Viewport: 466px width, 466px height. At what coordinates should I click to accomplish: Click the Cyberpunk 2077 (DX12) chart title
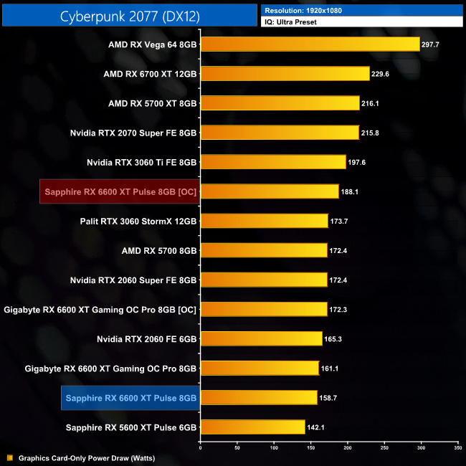(x=129, y=15)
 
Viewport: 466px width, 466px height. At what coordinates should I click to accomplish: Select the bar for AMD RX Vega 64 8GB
(x=310, y=44)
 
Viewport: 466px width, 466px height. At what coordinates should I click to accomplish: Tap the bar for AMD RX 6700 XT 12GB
(x=285, y=74)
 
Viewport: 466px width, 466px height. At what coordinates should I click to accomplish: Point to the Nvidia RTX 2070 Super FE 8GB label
(x=133, y=133)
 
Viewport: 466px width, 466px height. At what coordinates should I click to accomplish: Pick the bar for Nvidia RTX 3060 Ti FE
(x=273, y=162)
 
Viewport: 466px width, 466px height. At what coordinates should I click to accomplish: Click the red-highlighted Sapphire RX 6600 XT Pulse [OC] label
(x=120, y=191)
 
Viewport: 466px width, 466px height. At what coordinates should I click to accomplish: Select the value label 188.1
(x=350, y=191)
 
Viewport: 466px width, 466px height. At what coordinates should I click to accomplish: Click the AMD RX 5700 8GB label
(x=160, y=250)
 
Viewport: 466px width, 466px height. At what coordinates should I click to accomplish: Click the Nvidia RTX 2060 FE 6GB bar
(x=261, y=338)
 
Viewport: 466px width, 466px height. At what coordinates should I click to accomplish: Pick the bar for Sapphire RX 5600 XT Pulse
(x=253, y=427)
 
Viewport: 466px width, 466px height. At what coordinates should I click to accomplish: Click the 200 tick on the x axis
(x=347, y=448)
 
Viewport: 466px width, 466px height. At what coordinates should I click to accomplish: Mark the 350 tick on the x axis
(x=457, y=448)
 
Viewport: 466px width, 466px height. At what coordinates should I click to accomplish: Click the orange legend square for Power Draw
(x=9, y=457)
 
